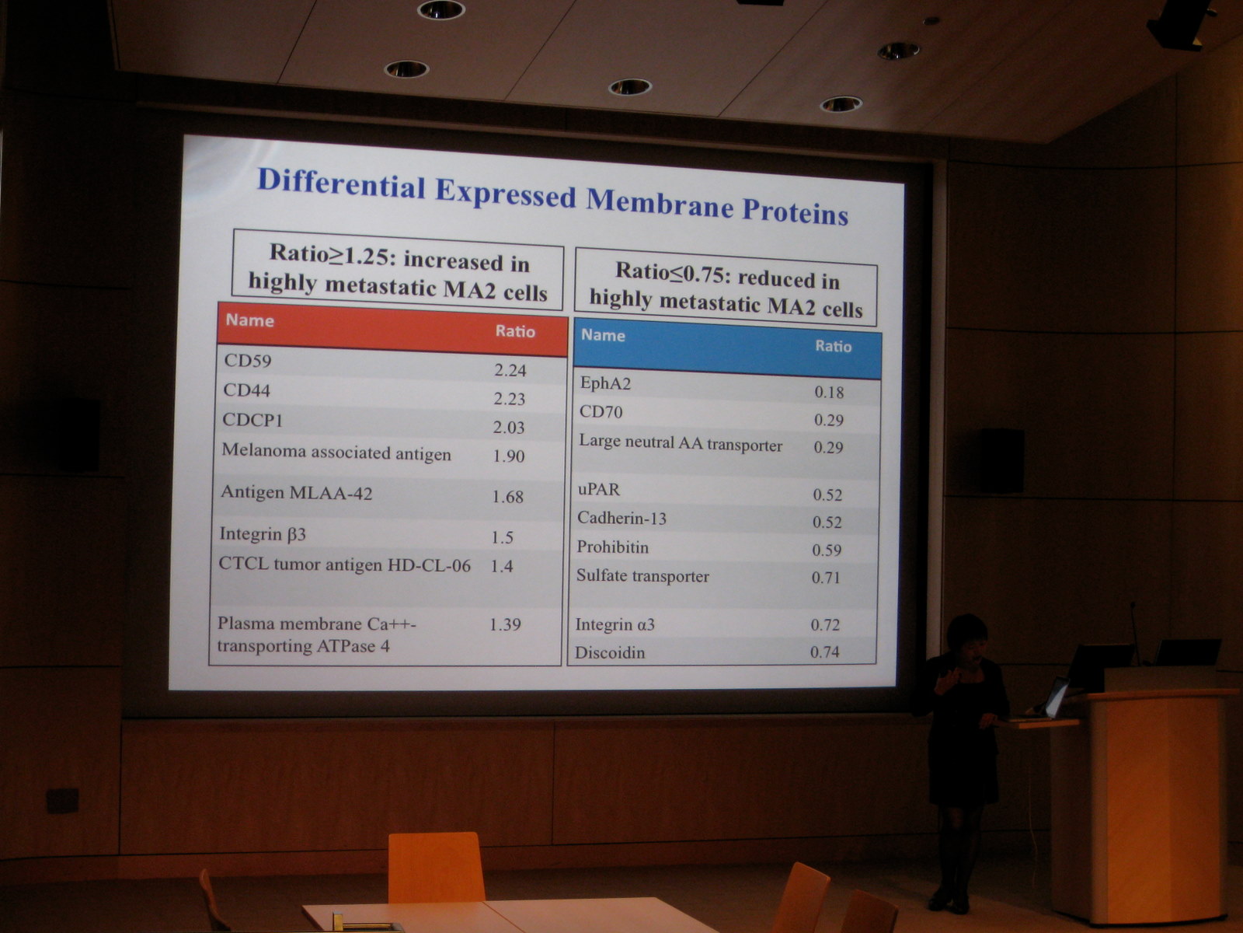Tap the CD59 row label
click(x=248, y=360)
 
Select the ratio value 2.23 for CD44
click(x=510, y=399)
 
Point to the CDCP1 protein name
click(x=252, y=420)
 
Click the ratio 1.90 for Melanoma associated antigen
click(x=509, y=456)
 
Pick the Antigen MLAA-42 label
click(x=296, y=492)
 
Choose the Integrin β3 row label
click(x=262, y=533)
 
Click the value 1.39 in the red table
click(x=504, y=624)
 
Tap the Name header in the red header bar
click(x=249, y=320)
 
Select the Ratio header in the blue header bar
click(x=833, y=346)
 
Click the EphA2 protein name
click(x=605, y=383)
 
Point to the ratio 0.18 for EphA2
click(x=829, y=392)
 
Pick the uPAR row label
click(x=598, y=489)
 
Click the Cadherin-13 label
click(x=621, y=518)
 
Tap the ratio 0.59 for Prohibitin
click(x=827, y=550)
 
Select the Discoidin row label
click(x=610, y=652)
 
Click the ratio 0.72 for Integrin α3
click(x=825, y=624)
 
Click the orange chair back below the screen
click(x=436, y=867)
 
